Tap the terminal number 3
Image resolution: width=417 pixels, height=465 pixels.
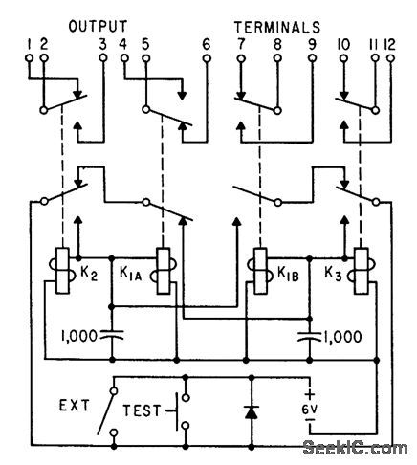(x=102, y=41)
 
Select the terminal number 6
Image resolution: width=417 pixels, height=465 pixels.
(x=207, y=41)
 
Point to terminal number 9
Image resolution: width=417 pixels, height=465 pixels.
(x=311, y=41)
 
